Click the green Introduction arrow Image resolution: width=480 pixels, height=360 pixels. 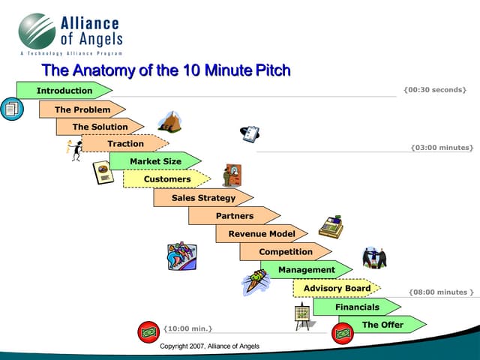[x=64, y=91]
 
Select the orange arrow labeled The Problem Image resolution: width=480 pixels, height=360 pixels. [x=82, y=109]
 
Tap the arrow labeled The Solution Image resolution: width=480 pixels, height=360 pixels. [x=100, y=127]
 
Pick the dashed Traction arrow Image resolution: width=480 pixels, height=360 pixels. [x=125, y=144]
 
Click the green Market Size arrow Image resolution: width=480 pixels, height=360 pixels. [x=155, y=161]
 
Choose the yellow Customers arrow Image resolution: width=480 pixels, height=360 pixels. [x=167, y=179]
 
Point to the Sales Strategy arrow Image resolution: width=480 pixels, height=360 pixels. [x=203, y=198]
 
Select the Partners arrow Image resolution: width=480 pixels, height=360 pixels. [x=235, y=216]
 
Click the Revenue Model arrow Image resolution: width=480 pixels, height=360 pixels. [x=262, y=234]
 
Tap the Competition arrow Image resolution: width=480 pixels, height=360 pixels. [x=286, y=252]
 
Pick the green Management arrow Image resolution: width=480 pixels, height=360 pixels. [x=307, y=269]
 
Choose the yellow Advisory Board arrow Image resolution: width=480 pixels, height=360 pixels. [x=337, y=288]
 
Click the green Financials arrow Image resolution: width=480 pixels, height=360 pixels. [x=357, y=307]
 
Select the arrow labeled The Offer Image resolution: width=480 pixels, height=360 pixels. [x=382, y=325]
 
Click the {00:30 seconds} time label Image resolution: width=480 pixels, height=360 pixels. [x=434, y=90]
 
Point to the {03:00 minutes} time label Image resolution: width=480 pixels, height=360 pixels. [x=442, y=148]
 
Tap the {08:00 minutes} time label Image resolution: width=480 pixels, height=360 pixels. [x=441, y=292]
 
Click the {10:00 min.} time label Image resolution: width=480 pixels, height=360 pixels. [x=187, y=328]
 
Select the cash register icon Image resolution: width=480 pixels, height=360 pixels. [x=330, y=227]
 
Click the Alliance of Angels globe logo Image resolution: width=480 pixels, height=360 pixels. [x=37, y=31]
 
